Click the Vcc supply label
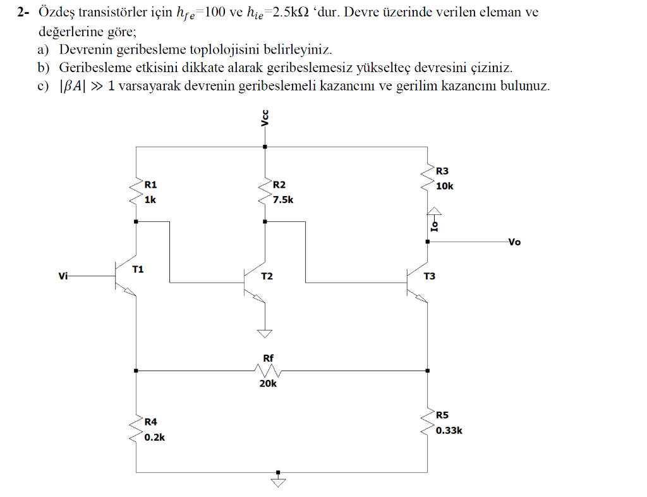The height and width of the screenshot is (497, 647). point(265,118)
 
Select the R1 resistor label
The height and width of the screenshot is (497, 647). point(150,185)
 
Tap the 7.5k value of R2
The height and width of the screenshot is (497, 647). point(283,199)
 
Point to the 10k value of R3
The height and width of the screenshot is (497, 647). point(444,186)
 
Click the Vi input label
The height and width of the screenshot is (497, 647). point(63,276)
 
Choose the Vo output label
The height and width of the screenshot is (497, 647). point(514,242)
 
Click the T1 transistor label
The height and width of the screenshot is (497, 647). point(138,269)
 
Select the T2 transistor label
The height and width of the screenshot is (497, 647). point(267,276)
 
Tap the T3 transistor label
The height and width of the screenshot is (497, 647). point(430,276)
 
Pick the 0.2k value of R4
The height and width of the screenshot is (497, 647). point(154,437)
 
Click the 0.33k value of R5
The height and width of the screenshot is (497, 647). point(449,430)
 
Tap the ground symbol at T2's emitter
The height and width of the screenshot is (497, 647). point(265,333)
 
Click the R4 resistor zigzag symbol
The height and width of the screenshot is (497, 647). point(136,427)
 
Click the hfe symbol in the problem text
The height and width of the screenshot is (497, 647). point(188,13)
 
